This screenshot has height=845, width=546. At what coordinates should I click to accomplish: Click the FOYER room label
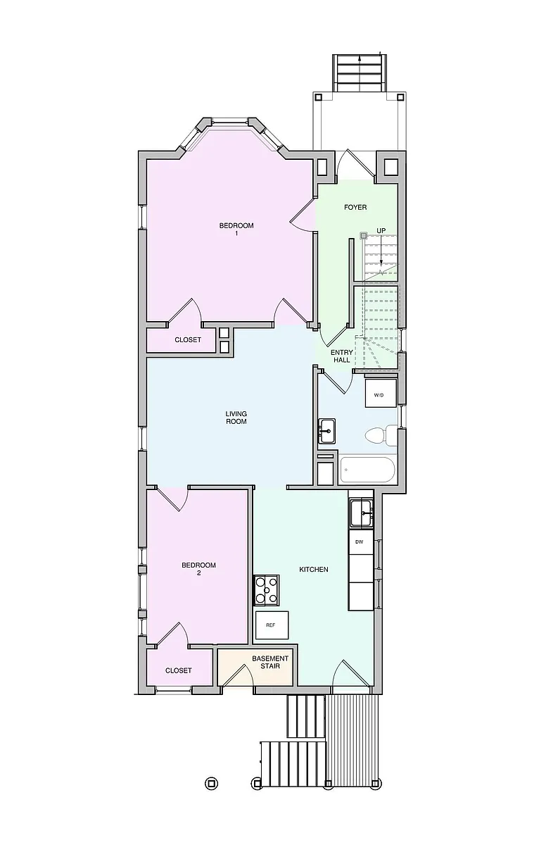pos(355,207)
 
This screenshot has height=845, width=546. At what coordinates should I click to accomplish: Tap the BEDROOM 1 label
pos(236,230)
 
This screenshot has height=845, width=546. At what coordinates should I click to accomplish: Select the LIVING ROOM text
pos(236,418)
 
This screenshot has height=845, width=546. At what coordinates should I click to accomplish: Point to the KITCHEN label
pos(314,569)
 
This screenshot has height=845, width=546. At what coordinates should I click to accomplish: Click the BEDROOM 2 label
pos(198,569)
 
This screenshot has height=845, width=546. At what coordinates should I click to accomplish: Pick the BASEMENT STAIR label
pos(270,662)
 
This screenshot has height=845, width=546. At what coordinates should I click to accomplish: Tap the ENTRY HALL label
pos(342,356)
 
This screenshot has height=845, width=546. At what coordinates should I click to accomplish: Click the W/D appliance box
pos(381,393)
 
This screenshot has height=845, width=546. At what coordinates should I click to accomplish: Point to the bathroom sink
pos(326,431)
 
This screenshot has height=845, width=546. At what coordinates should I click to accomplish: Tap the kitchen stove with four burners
pos(267,589)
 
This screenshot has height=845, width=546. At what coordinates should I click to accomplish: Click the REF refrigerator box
pos(272,625)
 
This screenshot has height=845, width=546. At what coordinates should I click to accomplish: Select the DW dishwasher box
pos(361,542)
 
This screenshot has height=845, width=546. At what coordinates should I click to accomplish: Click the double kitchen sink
pos(361,513)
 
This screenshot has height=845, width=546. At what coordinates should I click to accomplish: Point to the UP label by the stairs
pos(381,230)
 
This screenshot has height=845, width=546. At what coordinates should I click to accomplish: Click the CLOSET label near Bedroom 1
pos(188,340)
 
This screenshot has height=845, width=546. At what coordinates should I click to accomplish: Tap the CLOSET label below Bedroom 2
pos(178,670)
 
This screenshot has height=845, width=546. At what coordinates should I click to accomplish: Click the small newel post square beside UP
pos(363,236)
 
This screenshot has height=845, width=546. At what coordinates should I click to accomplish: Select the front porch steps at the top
pos(360,73)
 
